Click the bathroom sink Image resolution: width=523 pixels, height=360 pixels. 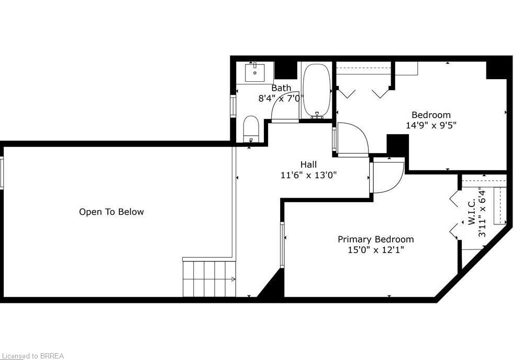(x=255, y=72)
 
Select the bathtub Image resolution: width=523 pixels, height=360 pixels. (x=317, y=90)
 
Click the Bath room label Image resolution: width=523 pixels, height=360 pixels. (x=281, y=88)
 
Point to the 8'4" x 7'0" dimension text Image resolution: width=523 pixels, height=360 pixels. (x=281, y=98)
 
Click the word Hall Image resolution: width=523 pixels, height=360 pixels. (x=308, y=165)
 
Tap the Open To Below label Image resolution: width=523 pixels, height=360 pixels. (x=112, y=212)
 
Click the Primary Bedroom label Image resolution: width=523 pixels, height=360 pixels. (x=376, y=239)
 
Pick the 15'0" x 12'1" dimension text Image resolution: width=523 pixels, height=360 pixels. (x=376, y=250)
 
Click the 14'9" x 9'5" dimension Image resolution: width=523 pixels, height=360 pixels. (x=431, y=125)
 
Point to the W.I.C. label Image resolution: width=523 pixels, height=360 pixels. (x=472, y=212)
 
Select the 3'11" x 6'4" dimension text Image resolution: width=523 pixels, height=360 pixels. (x=482, y=212)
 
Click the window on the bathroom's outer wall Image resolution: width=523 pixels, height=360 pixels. (x=233, y=106)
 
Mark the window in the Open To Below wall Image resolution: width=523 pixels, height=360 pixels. (x=2, y=173)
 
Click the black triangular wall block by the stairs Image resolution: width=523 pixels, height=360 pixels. (x=272, y=284)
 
